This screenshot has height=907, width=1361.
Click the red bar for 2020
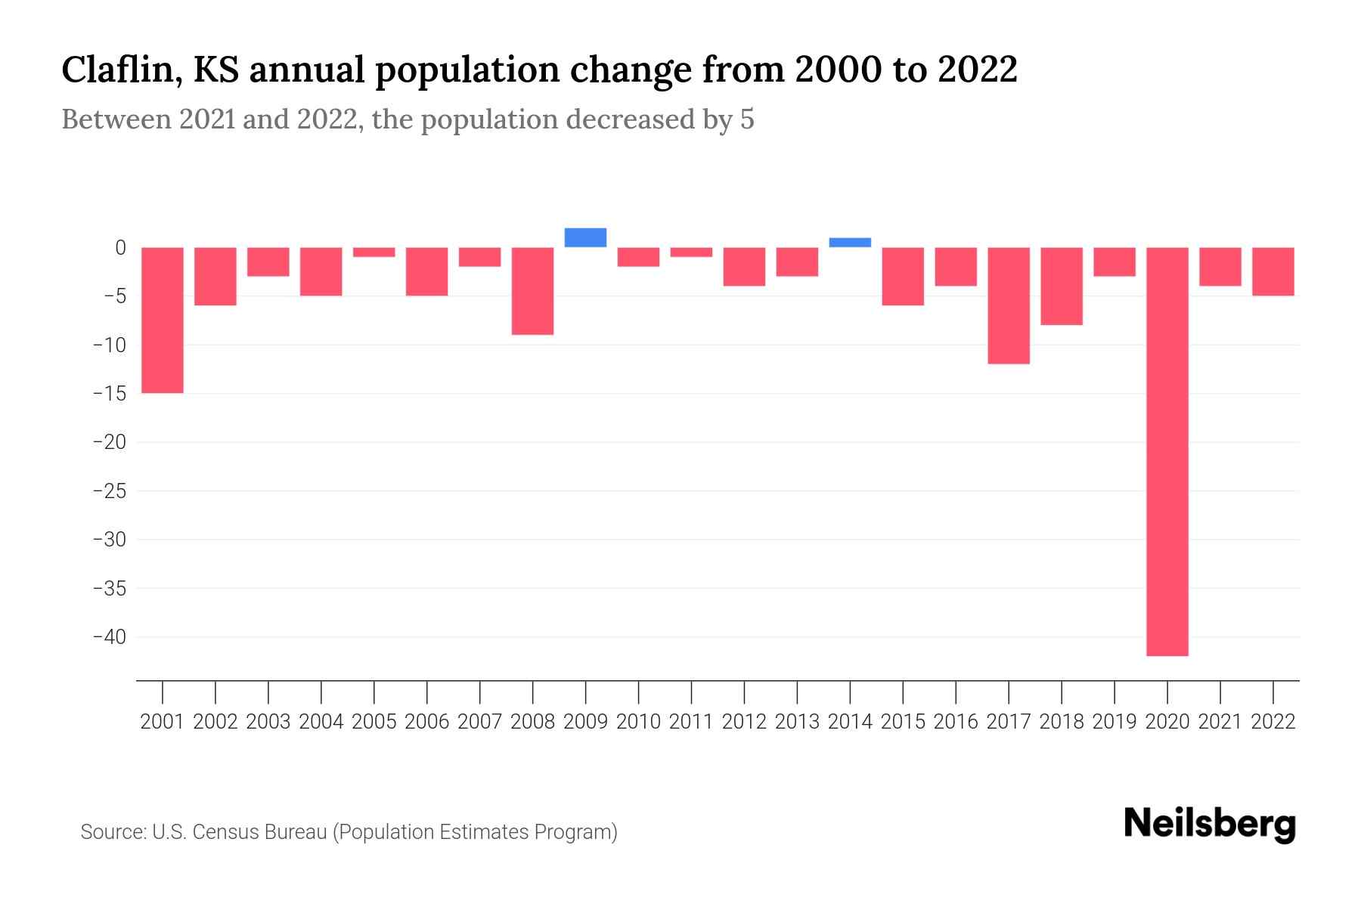click(x=1167, y=451)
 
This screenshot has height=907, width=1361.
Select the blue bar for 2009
click(x=585, y=237)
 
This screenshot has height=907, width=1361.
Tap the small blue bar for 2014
click(x=850, y=243)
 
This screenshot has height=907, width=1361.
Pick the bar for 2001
click(x=163, y=320)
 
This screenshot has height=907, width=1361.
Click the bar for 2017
click(x=1009, y=305)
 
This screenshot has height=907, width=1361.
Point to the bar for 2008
click(x=532, y=291)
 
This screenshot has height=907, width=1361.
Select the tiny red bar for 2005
click(x=374, y=252)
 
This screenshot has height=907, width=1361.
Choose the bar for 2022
click(x=1273, y=271)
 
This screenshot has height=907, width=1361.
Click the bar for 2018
click(x=1062, y=286)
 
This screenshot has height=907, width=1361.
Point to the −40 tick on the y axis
click(x=109, y=636)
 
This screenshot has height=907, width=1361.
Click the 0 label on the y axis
click(x=120, y=247)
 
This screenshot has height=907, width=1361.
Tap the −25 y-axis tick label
click(x=109, y=491)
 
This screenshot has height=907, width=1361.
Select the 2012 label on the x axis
click(x=744, y=722)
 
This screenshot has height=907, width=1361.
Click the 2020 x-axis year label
click(x=1167, y=722)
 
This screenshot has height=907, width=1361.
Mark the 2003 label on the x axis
click(x=268, y=722)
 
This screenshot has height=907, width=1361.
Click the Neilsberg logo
click(x=1210, y=824)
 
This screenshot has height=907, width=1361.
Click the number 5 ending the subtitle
click(x=747, y=120)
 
